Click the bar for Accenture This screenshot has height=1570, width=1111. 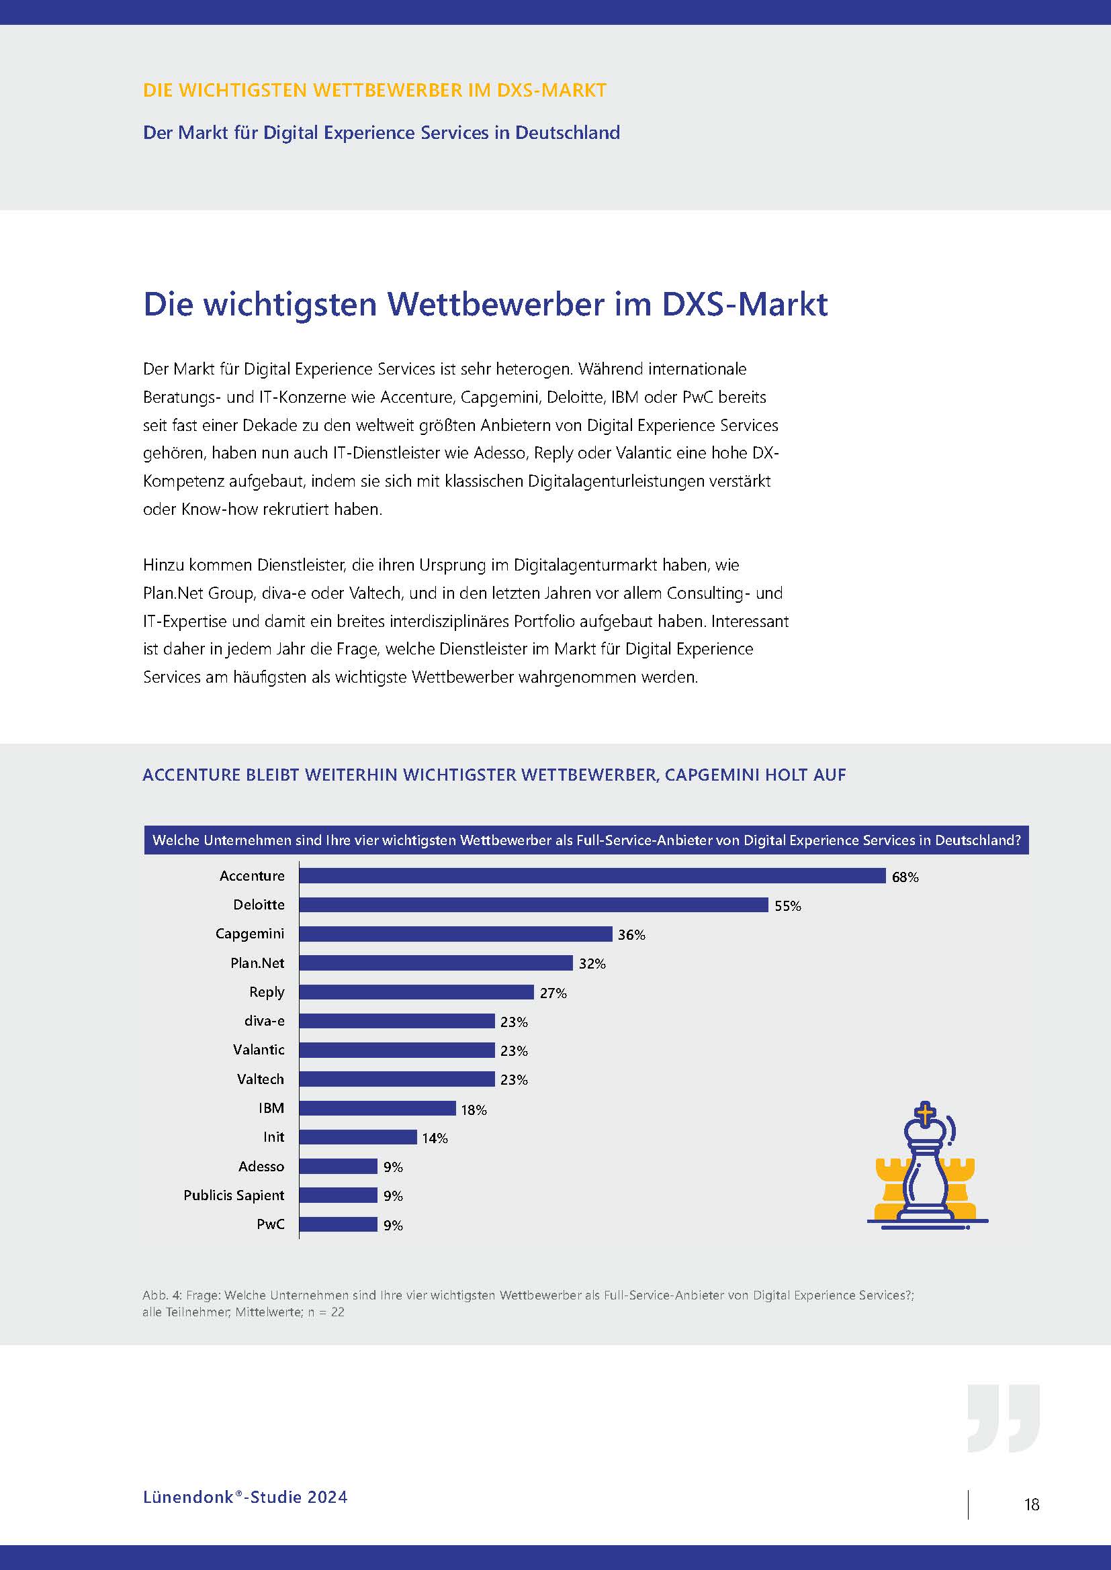pyautogui.click(x=592, y=876)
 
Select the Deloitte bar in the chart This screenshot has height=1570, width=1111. pyautogui.click(x=533, y=905)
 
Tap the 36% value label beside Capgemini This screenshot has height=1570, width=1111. pyautogui.click(x=631, y=935)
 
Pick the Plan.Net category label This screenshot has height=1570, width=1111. pyautogui.click(x=257, y=963)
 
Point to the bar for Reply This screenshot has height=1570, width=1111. pyautogui.click(x=416, y=992)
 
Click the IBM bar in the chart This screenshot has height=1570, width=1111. pyautogui.click(x=377, y=1108)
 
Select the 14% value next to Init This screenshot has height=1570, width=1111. pyautogui.click(x=435, y=1138)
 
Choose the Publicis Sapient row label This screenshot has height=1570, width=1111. pyautogui.click(x=233, y=1195)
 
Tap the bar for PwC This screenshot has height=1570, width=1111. pyautogui.click(x=338, y=1224)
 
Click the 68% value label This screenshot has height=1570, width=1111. pyautogui.click(x=904, y=877)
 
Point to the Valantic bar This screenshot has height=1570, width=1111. pyautogui.click(x=397, y=1050)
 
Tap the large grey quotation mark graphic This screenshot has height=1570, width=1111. pyautogui.click(x=1003, y=1418)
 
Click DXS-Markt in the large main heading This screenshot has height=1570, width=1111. pyautogui.click(x=744, y=304)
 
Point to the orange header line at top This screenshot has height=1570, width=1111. pyautogui.click(x=374, y=90)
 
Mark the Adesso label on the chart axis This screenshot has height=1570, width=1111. pyautogui.click(x=261, y=1167)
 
